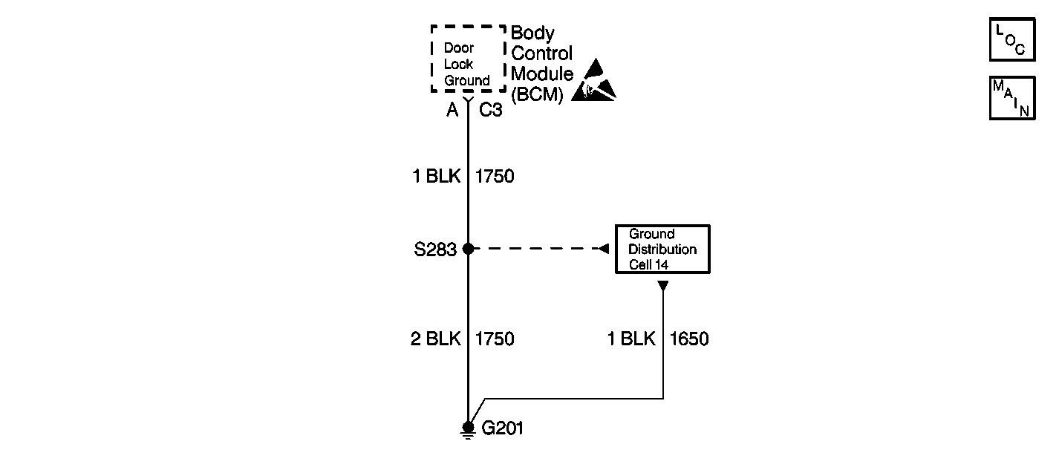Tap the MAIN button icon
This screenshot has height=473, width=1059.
coord(1011,97)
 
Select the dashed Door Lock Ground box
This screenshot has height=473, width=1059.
coord(468,59)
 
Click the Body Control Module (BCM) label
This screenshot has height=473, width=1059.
coord(542,64)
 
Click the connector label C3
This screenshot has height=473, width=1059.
coord(490,111)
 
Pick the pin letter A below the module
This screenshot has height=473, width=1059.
coord(452,111)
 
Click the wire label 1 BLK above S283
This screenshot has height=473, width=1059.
coord(436,177)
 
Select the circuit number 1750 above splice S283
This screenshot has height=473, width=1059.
coord(495,177)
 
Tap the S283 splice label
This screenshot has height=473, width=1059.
coord(434,249)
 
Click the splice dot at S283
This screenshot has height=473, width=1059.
coord(468,249)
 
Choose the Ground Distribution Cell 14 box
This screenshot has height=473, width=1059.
coord(662,249)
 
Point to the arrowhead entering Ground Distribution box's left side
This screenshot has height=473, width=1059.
coord(605,249)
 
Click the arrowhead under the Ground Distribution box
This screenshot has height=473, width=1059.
coord(663,284)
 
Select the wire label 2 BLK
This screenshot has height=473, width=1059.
coord(436,339)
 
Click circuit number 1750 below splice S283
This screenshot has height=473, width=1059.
coord(495,339)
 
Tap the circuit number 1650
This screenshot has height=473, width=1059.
coord(689,339)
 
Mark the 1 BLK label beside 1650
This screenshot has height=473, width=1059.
coord(631,339)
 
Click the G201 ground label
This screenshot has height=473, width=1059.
coord(503,428)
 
